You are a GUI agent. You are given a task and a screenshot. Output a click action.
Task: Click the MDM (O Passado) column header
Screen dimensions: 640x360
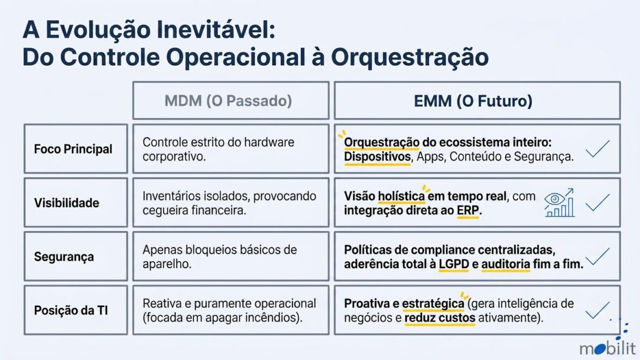pos(228,101)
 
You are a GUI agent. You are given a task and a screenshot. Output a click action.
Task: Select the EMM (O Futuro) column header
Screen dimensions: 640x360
pos(473,101)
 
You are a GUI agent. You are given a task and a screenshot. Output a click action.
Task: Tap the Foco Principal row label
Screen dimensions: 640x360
pos(73,149)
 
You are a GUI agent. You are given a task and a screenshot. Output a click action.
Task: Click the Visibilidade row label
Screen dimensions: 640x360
pos(66,203)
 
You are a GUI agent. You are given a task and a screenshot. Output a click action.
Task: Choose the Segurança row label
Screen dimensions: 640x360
pos(64,257)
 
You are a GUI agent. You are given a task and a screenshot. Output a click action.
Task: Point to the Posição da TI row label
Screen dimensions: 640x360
pos(71,310)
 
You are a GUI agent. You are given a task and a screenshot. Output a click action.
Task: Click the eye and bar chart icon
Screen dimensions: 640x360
pos(559,203)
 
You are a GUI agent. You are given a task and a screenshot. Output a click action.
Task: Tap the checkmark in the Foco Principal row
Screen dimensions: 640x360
pos(598,149)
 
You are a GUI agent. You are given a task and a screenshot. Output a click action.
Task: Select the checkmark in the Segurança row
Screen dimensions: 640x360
pos(598,257)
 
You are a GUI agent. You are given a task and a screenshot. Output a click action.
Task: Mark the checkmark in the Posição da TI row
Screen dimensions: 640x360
pos(598,310)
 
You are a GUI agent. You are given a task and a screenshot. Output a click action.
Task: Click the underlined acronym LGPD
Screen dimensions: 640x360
pos(454,264)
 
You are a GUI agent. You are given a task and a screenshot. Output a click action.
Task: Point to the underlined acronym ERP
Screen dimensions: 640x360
pos(467,210)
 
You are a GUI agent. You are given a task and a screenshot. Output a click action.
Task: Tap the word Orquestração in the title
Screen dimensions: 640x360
pos(410,57)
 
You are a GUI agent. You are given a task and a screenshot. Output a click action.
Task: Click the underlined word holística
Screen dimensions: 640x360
pos(401,196)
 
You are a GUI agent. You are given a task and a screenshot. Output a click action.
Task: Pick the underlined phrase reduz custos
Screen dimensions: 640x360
pos(440,318)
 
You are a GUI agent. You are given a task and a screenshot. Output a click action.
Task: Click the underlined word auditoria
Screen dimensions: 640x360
pos(506,264)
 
